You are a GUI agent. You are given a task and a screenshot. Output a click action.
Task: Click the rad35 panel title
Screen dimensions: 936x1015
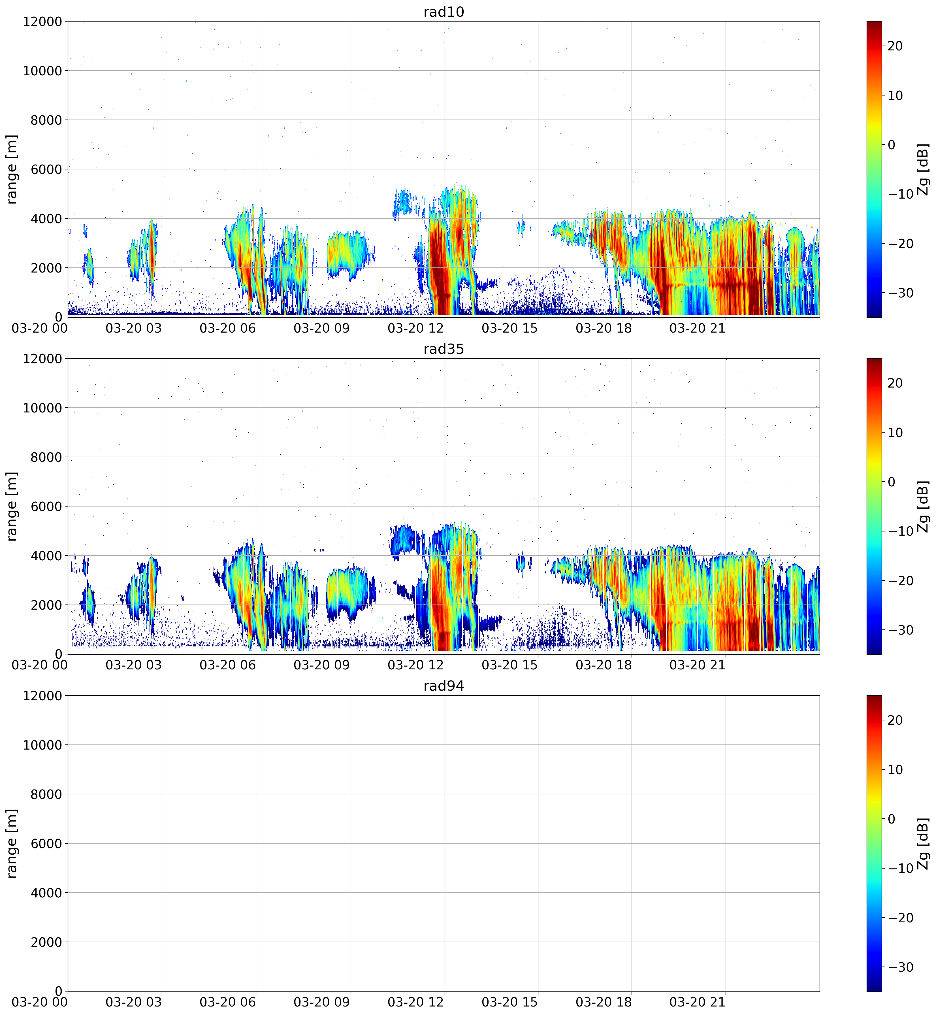click(x=444, y=349)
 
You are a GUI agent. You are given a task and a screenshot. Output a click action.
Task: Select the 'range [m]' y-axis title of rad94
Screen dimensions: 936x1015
click(x=12, y=844)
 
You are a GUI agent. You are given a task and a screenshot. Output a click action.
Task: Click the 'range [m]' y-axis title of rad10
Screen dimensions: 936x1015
click(x=12, y=169)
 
